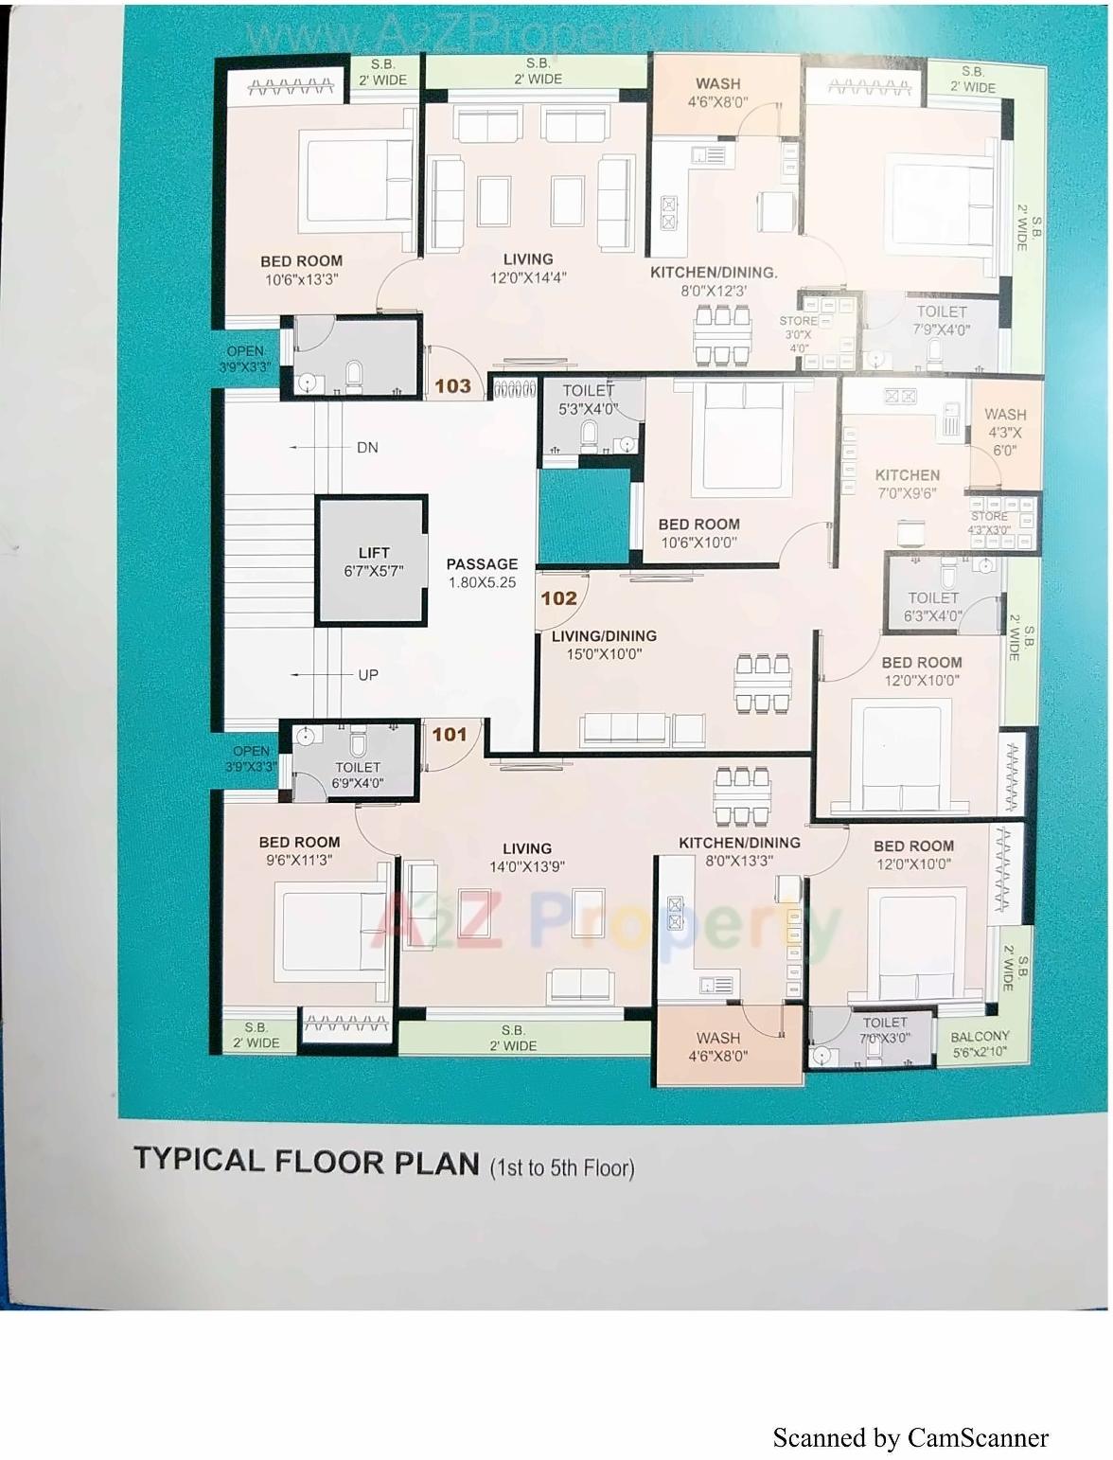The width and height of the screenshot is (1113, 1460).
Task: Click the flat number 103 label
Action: (452, 385)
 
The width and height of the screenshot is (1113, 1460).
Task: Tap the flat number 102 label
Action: (558, 597)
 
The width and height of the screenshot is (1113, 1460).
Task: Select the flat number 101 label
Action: (450, 734)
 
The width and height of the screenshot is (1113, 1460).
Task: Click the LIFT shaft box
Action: (372, 561)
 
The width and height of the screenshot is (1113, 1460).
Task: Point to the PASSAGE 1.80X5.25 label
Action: (482, 573)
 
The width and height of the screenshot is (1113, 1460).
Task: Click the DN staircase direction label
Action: (367, 447)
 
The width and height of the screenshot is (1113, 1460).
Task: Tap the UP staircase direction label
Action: (367, 674)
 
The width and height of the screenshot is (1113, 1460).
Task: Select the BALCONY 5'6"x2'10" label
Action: (980, 1043)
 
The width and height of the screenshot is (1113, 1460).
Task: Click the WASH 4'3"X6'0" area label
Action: (1004, 432)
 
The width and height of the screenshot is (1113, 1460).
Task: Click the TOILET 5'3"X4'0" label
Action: (588, 400)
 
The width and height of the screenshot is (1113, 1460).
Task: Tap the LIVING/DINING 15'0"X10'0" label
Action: (604, 645)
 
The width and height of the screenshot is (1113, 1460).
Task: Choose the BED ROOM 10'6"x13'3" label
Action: (301, 270)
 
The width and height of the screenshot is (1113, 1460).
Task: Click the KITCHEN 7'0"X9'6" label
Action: (907, 484)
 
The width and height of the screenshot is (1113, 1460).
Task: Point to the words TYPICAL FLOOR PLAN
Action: (306, 1161)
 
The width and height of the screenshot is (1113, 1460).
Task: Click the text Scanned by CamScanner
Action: (910, 1437)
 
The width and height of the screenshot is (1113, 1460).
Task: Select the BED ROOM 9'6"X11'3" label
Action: (299, 850)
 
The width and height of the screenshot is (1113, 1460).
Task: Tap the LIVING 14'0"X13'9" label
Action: (527, 858)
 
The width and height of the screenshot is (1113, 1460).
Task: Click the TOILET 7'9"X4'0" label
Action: (941, 320)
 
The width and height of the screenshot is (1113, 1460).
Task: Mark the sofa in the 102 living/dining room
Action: (642, 730)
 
